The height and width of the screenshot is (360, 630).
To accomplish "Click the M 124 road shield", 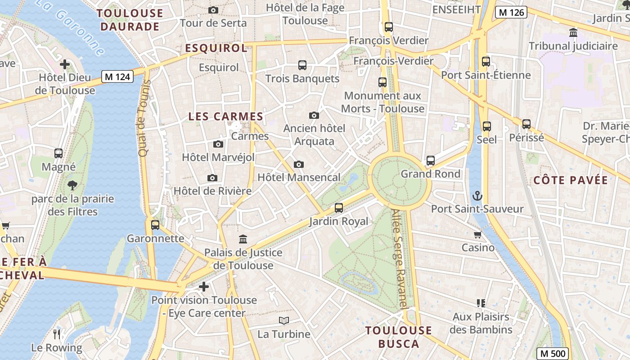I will [x=117, y=76].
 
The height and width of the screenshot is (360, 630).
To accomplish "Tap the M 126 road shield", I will [x=511, y=12].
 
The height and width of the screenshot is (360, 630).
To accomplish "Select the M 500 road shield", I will [x=553, y=353].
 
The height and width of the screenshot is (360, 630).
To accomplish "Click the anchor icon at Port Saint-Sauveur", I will [x=477, y=196].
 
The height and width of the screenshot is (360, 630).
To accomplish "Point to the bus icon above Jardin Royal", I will [x=339, y=208].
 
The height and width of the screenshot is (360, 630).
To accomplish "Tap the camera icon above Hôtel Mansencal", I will [x=298, y=165].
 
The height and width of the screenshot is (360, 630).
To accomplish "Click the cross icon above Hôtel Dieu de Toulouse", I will [x=65, y=64].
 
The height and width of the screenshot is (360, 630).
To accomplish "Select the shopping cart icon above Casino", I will [x=477, y=234].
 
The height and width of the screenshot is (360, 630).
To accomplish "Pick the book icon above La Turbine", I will [x=283, y=321].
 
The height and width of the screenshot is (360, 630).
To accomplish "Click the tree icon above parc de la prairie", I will [x=72, y=185].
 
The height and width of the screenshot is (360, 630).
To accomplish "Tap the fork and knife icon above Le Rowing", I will [x=57, y=334].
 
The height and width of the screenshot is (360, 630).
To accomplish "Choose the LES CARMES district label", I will [x=225, y=117].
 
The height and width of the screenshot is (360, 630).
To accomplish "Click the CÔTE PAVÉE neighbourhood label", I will [x=571, y=180].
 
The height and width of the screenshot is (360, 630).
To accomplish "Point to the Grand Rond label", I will [x=430, y=174].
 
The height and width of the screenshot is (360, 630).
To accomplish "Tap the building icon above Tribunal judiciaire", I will [x=573, y=33].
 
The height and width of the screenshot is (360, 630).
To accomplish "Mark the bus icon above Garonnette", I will [x=155, y=225].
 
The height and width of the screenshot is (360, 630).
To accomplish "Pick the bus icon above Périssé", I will [x=526, y=124].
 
